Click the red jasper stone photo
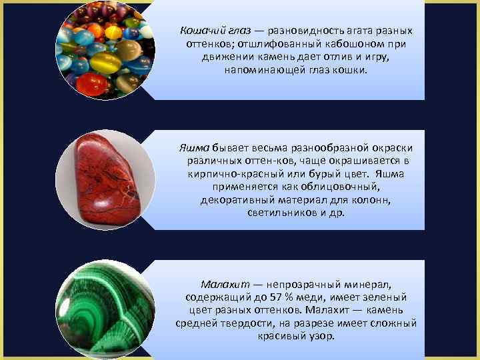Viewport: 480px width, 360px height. pos(107,179)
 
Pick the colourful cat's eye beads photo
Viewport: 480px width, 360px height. pos(107,51)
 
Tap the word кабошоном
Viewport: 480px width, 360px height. pos(333,44)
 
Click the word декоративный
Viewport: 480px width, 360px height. pos(231,199)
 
